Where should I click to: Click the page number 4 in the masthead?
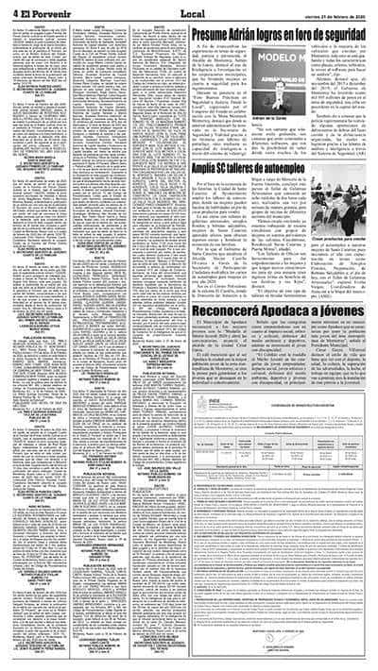[x=6, y=10]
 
